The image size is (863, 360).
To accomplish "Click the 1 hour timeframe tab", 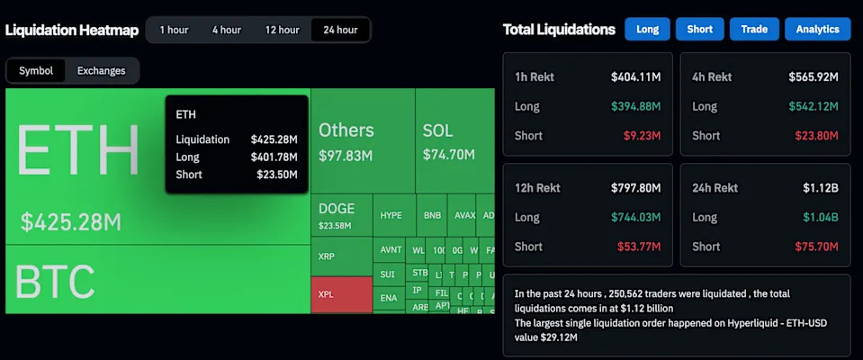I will (174, 30).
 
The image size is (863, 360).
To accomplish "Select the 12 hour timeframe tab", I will (282, 30).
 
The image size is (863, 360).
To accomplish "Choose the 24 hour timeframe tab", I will (340, 30).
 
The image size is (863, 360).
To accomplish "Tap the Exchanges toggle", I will (102, 70).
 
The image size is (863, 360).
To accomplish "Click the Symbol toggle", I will (36, 70).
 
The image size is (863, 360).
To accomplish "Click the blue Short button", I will (699, 29).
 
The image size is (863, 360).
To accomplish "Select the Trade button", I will (753, 29).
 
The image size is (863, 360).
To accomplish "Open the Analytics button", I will (817, 29).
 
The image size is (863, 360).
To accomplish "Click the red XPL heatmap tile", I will (341, 294).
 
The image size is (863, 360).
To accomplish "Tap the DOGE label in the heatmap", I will (337, 209).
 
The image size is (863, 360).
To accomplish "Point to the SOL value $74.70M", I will (448, 155).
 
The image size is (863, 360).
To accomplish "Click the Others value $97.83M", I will (346, 156).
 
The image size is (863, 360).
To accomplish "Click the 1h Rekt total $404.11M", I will (635, 77).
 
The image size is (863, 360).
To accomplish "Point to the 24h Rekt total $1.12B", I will (820, 188).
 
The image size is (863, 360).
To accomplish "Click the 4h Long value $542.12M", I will (814, 106).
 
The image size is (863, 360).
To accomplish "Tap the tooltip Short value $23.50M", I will (274, 175).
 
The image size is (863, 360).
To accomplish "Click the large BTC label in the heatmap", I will (55, 283).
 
